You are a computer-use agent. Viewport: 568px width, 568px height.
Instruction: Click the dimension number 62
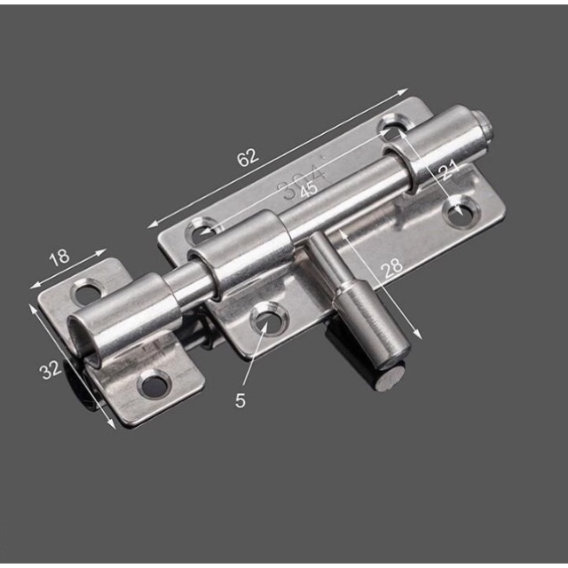(x=247, y=157)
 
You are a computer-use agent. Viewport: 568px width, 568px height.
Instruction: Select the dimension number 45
(x=308, y=190)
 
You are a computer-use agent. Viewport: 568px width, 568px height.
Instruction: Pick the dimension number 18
(x=59, y=258)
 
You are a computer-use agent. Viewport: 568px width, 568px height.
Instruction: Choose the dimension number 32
(x=51, y=369)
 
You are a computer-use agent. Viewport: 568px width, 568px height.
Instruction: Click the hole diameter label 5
(x=241, y=400)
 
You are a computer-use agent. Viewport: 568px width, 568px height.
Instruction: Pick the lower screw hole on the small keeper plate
(x=154, y=384)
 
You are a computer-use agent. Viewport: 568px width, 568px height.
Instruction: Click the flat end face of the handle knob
(x=390, y=380)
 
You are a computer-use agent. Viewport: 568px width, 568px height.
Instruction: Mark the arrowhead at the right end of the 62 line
(x=405, y=91)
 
